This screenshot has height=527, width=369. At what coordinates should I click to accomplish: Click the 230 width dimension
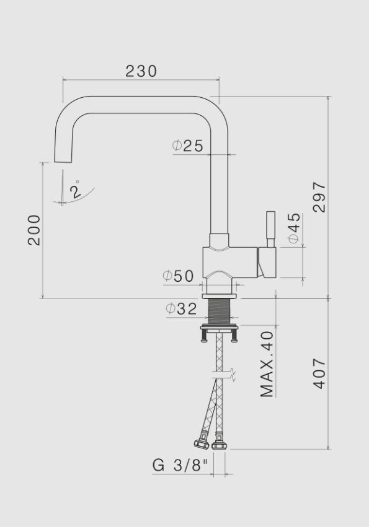tap(141, 71)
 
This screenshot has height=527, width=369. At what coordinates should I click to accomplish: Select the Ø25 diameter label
tap(188, 146)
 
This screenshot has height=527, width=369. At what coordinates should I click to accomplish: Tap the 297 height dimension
tap(319, 197)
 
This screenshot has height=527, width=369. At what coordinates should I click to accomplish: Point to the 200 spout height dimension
tap(34, 230)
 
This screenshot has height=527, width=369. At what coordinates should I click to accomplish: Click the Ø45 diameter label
tap(293, 227)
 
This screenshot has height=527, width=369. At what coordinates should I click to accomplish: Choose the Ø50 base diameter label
tap(179, 276)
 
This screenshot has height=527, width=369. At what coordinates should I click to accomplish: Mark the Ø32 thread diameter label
tap(181, 308)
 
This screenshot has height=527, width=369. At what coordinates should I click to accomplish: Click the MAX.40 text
tap(267, 364)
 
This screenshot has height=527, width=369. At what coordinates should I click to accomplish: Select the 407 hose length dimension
tap(319, 373)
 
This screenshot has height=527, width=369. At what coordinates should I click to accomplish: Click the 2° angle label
tap(76, 189)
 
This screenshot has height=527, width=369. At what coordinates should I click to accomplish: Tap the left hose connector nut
tap(201, 444)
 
